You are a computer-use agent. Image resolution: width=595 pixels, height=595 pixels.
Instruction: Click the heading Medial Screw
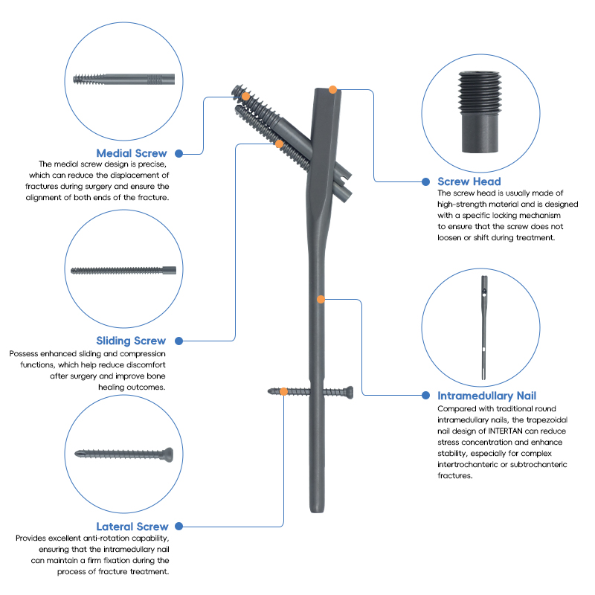(132, 153)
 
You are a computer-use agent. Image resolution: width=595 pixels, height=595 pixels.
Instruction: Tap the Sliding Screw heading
(131, 341)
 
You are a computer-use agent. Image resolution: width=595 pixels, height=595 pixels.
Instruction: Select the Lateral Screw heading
(132, 527)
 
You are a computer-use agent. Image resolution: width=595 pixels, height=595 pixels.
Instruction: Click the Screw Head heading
(469, 181)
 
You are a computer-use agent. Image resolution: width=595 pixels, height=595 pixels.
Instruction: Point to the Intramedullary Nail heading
(486, 396)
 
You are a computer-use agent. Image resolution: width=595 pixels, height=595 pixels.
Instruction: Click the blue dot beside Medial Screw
(178, 154)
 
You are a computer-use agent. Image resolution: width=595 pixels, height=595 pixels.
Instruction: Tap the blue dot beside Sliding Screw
(178, 341)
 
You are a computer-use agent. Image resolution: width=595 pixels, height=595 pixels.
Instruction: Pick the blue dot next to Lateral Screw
(178, 527)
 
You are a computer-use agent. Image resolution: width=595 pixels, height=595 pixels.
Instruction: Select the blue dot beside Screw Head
(425, 181)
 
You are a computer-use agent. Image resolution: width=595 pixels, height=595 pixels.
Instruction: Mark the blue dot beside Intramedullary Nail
(425, 396)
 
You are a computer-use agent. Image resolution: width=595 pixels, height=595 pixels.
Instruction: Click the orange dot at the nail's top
(332, 89)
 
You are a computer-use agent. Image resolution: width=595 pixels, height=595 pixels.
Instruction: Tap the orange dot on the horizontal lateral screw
(283, 392)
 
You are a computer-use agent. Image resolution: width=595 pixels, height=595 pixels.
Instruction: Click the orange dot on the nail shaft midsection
(321, 300)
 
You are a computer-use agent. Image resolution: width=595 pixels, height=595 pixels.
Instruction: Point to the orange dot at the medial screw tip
(246, 97)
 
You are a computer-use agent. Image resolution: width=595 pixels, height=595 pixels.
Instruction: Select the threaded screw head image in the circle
(480, 112)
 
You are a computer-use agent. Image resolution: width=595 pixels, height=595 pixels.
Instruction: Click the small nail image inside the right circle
(484, 328)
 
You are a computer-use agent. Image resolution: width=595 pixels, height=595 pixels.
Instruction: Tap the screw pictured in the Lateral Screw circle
(123, 454)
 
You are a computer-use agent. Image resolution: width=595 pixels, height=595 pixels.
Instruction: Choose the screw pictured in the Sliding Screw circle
(123, 271)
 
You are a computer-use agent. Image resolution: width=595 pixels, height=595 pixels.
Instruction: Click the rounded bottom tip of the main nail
(317, 511)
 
